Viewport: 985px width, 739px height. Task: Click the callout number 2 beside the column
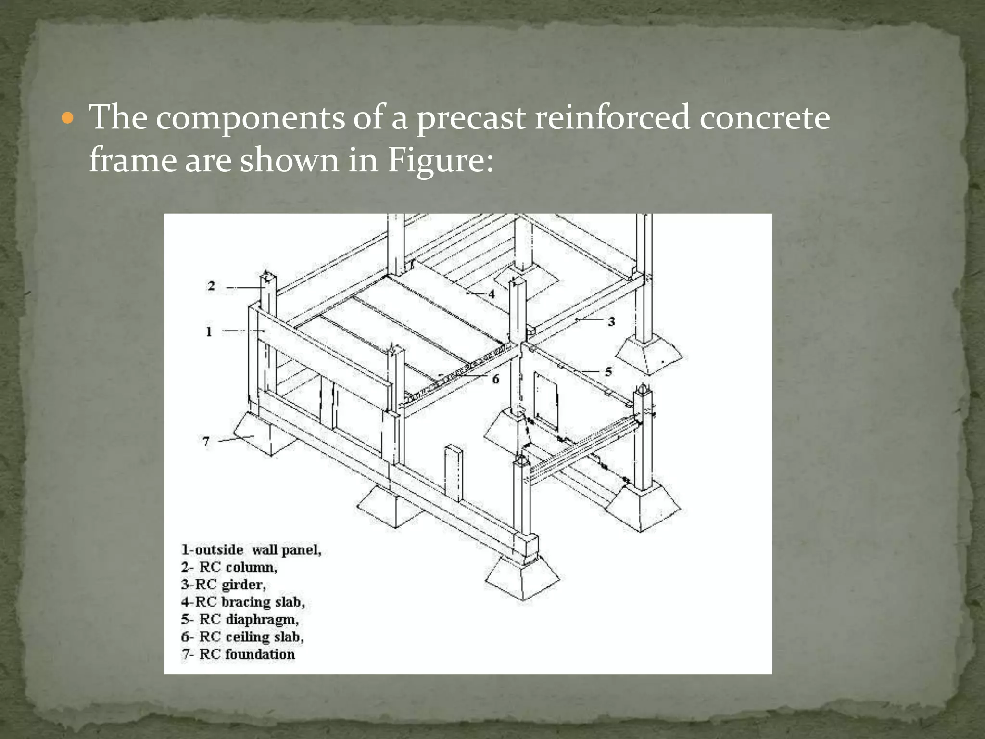pos(211,286)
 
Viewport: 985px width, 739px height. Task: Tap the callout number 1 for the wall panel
pos(209,331)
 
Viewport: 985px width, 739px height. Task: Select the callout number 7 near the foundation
pos(206,441)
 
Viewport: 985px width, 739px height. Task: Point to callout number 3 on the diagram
pos(611,321)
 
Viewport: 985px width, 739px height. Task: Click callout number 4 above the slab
pos(492,293)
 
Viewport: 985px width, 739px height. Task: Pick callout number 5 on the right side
pos(608,371)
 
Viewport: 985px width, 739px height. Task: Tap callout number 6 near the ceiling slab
pos(495,379)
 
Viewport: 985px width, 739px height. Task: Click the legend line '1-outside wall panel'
pos(251,549)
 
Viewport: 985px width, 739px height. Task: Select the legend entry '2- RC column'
pos(229,567)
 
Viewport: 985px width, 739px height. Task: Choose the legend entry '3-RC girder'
pos(224,585)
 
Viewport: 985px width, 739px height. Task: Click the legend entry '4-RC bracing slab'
pos(243,602)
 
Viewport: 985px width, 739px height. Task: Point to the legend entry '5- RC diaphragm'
pos(240,619)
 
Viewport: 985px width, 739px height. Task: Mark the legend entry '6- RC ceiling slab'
pos(242,637)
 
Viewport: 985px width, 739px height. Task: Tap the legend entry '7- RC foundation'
pos(238,654)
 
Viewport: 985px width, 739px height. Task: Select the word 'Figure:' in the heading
pos(440,161)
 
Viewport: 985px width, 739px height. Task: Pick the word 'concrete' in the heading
pos(764,118)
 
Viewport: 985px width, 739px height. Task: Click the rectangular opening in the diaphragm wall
pos(546,402)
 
